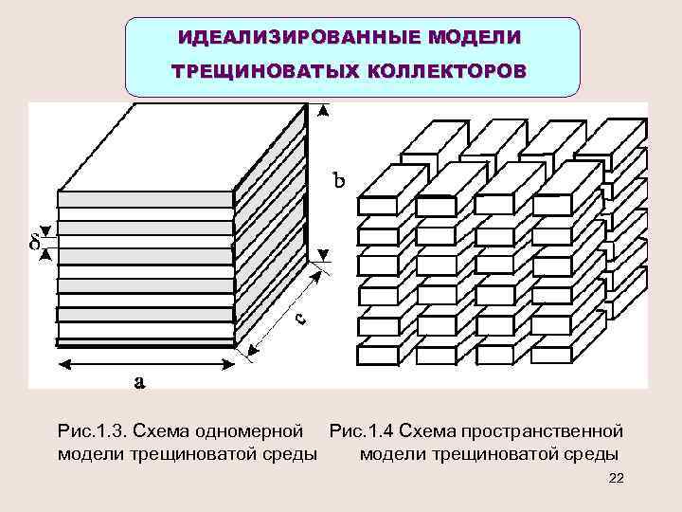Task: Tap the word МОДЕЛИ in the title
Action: point(473,38)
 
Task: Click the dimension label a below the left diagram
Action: point(139,382)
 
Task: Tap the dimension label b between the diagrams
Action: point(338,178)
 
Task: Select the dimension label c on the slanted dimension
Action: point(299,320)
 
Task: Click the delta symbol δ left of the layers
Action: point(35,243)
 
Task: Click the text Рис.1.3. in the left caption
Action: point(90,432)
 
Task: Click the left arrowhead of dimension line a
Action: point(63,362)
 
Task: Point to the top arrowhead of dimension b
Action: point(324,110)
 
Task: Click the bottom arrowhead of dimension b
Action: point(324,254)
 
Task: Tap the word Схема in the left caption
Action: point(160,432)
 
